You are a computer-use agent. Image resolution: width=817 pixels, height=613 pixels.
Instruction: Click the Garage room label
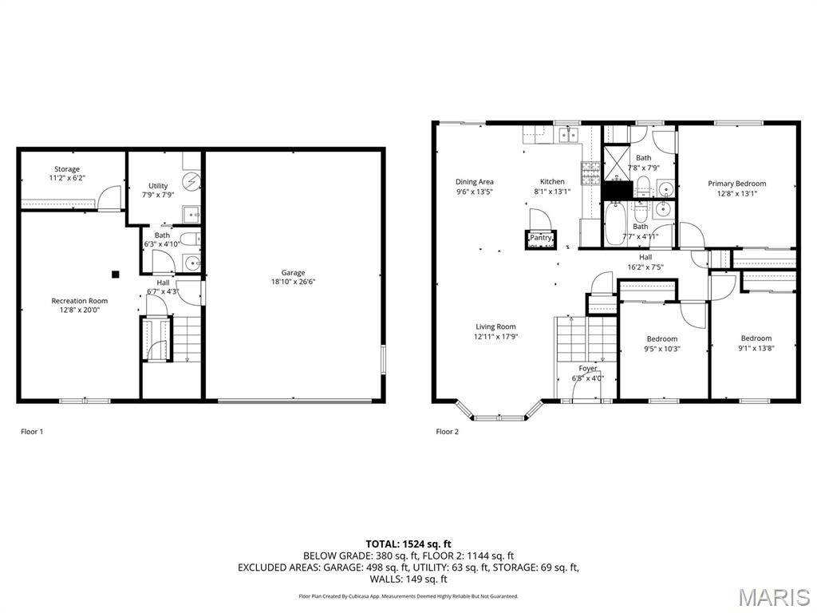coord(293,273)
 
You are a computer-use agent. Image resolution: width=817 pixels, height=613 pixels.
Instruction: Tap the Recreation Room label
coord(79,301)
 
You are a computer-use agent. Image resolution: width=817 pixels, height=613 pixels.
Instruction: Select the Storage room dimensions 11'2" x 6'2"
coord(67,179)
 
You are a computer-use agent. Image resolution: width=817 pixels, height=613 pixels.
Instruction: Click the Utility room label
coord(158,186)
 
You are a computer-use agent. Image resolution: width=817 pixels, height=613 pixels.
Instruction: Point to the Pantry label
coord(541,237)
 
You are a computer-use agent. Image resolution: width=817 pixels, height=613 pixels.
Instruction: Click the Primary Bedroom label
coord(736,184)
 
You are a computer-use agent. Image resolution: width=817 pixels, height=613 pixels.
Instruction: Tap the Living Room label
coord(495,326)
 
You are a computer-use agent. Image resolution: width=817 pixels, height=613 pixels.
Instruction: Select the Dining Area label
coord(475,182)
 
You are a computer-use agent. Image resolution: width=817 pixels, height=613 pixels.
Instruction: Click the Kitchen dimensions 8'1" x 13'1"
coord(552,192)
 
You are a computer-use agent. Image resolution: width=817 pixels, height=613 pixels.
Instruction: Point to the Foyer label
coord(588,369)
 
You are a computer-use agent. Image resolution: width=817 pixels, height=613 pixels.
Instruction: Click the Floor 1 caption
coord(32,432)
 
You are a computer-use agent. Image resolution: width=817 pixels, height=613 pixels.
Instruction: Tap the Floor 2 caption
coord(448,432)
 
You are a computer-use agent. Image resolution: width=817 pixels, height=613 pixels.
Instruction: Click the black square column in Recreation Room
coord(116,274)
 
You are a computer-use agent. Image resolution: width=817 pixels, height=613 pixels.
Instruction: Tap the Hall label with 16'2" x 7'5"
coord(645,257)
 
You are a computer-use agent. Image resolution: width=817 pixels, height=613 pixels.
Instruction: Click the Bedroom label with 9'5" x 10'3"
coord(662,339)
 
